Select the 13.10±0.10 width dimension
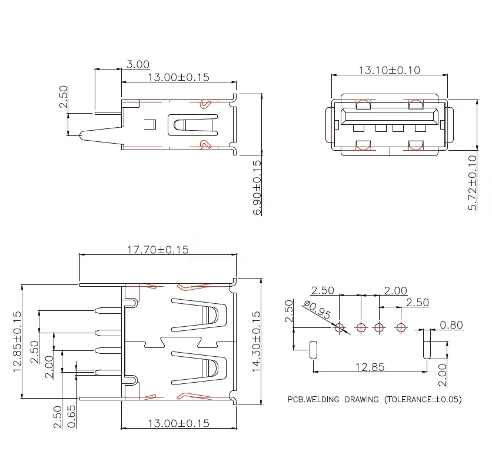(x=389, y=70)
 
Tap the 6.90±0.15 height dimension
(x=258, y=187)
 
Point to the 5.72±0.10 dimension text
(x=473, y=183)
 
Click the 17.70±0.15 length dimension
(x=158, y=250)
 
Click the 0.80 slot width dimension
(x=451, y=324)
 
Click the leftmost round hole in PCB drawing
(x=340, y=327)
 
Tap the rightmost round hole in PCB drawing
(x=401, y=327)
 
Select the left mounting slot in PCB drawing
(x=313, y=349)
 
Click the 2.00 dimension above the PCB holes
(x=395, y=291)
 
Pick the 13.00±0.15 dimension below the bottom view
(x=178, y=423)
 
